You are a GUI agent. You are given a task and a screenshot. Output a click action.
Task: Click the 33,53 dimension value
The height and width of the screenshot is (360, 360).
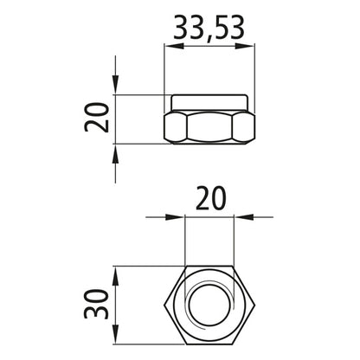point(209,29)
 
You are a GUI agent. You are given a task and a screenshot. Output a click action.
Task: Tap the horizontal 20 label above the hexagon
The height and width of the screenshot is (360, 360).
point(209,201)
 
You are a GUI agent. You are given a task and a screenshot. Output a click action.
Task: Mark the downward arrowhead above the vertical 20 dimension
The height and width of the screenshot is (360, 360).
point(116,87)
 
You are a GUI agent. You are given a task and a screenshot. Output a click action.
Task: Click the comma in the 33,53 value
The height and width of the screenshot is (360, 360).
point(208,39)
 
